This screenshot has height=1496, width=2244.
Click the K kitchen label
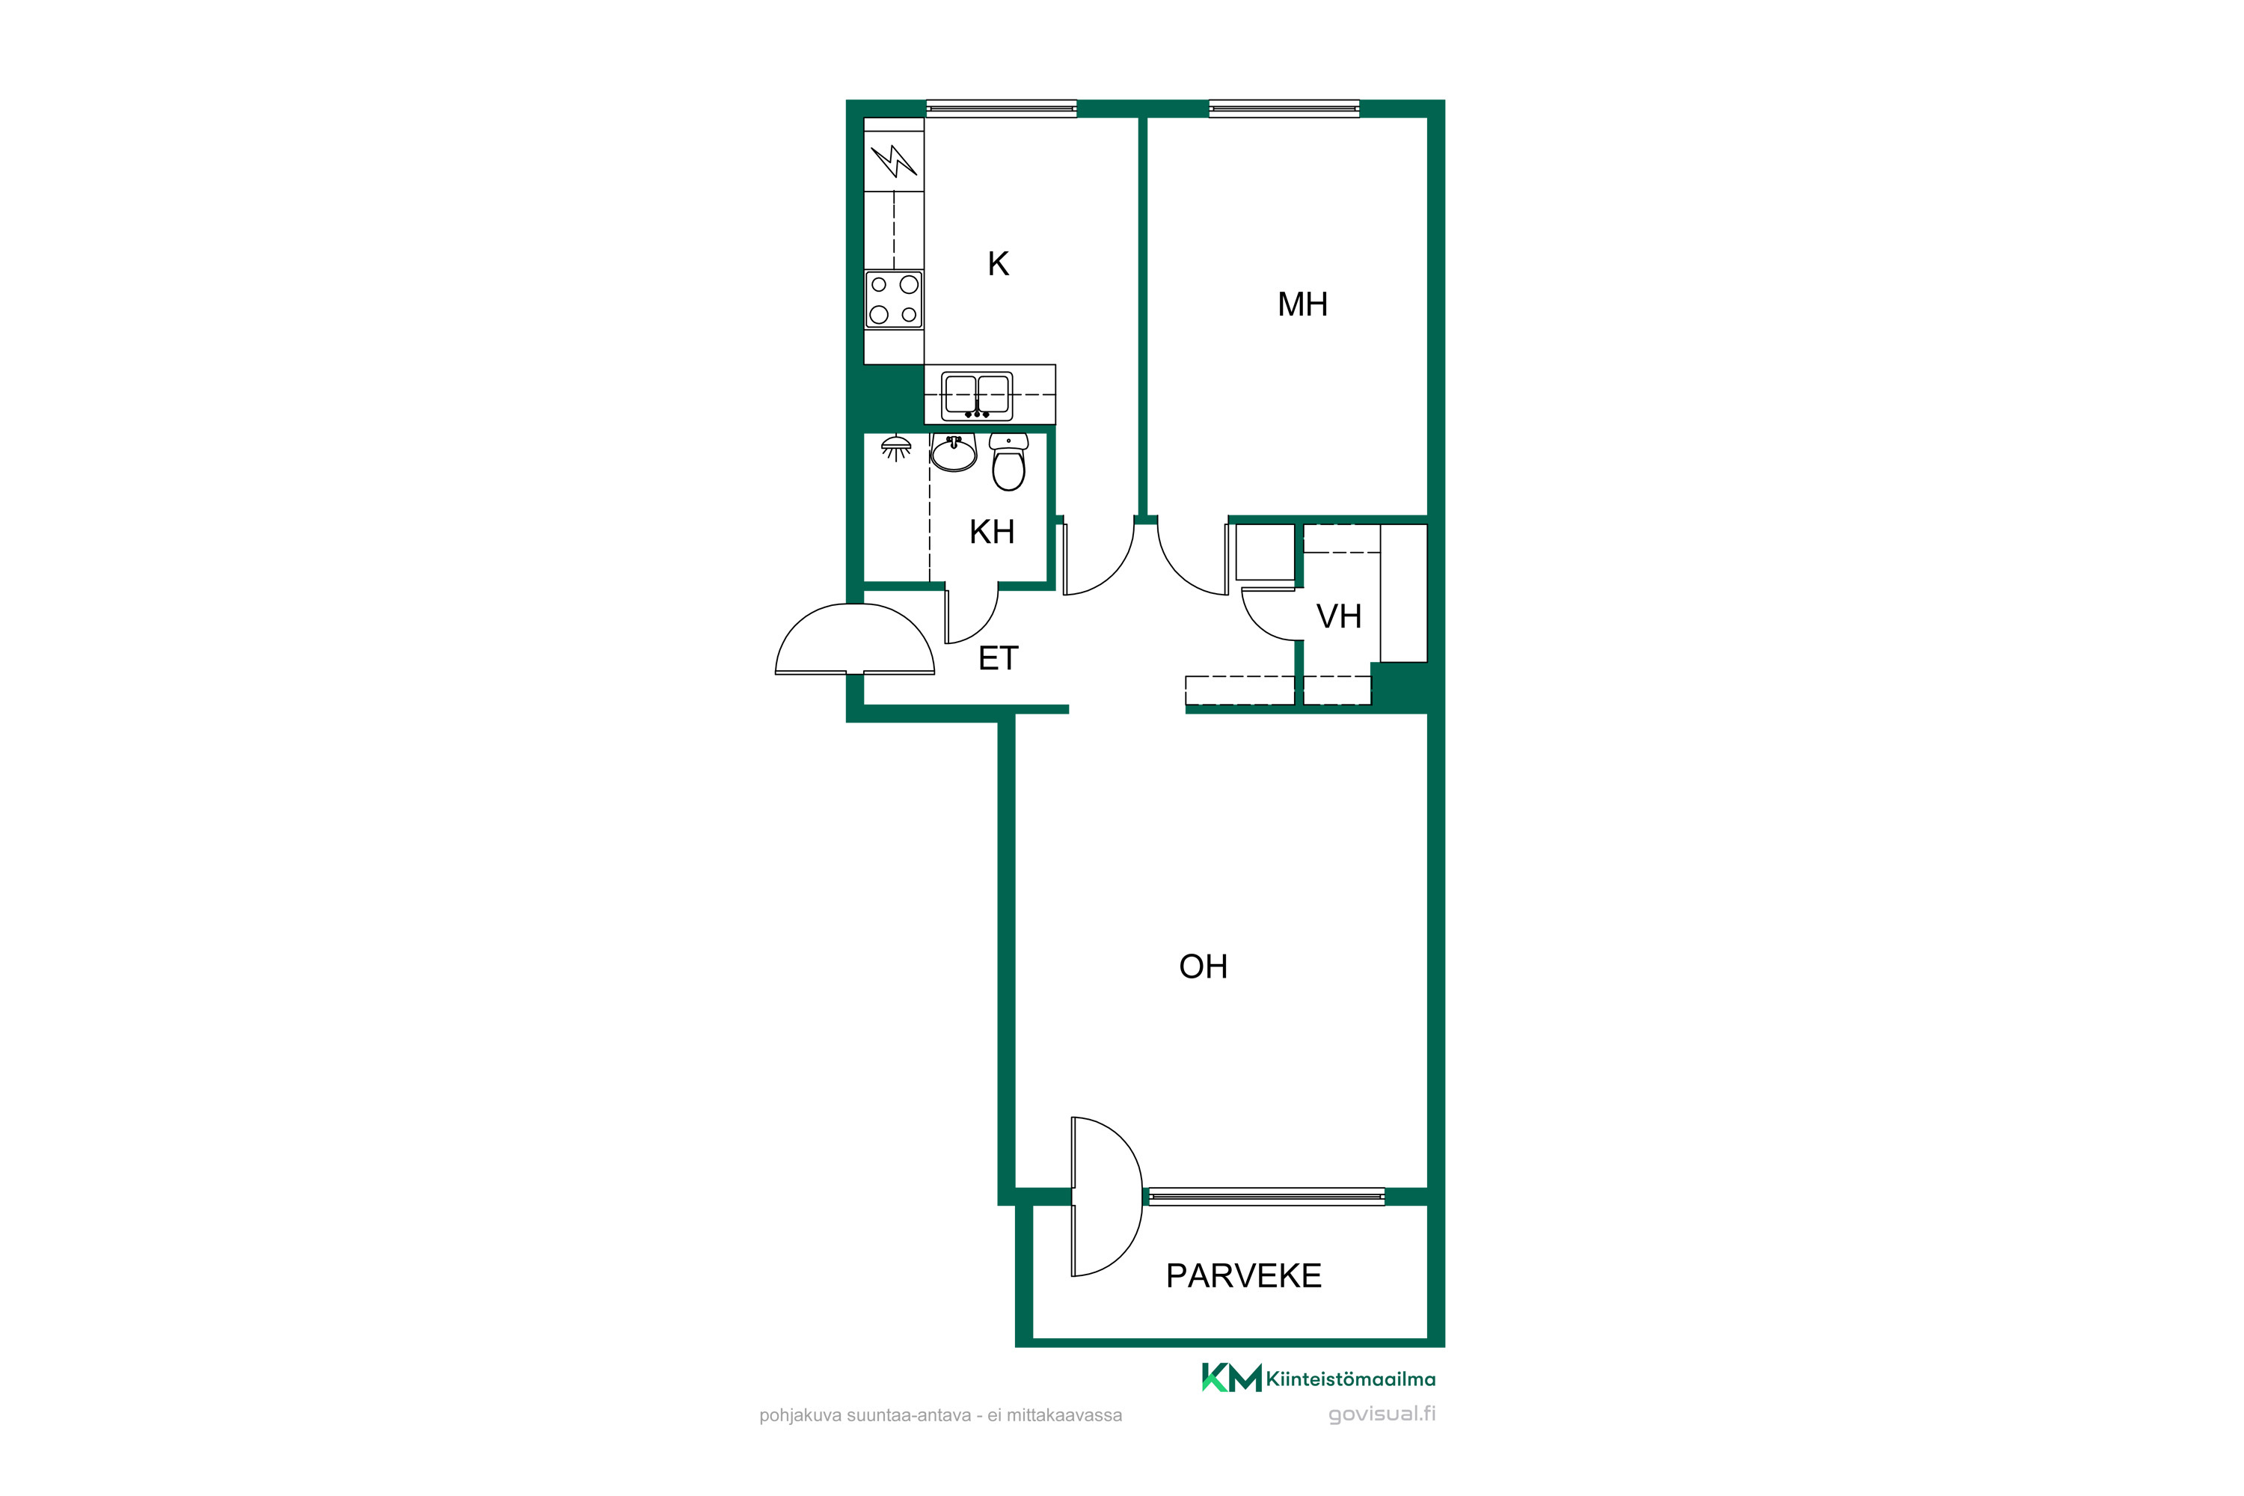click(x=998, y=263)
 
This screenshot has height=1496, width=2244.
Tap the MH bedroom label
click(x=1302, y=304)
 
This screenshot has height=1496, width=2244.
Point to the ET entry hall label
click(x=999, y=658)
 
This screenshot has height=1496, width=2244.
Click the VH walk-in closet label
click(x=1339, y=616)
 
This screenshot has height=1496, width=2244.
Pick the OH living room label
click(x=1203, y=966)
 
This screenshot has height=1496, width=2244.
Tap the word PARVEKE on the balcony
click(x=1243, y=1275)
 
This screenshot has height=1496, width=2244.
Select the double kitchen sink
click(x=977, y=396)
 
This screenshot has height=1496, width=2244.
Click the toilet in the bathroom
click(x=1008, y=462)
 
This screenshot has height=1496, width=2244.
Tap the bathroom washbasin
click(x=953, y=453)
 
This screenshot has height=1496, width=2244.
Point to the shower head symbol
click(x=896, y=447)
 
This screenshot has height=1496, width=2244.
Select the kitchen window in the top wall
click(x=1002, y=108)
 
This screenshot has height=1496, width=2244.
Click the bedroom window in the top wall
click(x=1284, y=108)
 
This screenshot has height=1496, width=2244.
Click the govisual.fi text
click(x=1382, y=1414)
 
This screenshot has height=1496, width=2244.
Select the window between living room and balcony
click(x=1266, y=1196)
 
